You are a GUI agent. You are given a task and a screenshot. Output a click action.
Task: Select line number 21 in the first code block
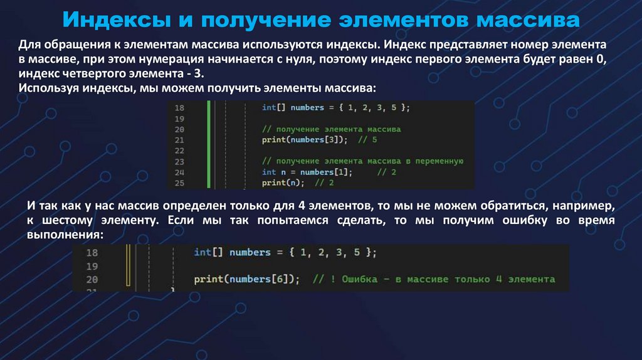coord(179,140)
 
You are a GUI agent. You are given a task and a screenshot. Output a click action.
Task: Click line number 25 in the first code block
coord(179,183)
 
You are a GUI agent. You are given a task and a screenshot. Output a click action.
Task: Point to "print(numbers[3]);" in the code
coord(304,140)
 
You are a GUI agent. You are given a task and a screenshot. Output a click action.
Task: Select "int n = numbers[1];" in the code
coord(307,172)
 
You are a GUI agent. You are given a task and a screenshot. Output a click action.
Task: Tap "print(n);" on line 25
coord(283,183)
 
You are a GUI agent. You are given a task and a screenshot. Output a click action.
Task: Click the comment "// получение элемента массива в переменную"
coord(362,161)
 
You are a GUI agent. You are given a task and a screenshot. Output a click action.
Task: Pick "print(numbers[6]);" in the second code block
coord(247,279)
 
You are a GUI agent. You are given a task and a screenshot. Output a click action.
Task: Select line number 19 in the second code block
coord(92,266)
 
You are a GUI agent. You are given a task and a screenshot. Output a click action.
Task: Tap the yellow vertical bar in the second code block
coord(127,267)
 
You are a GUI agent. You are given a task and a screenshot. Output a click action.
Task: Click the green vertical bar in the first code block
coord(209,144)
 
